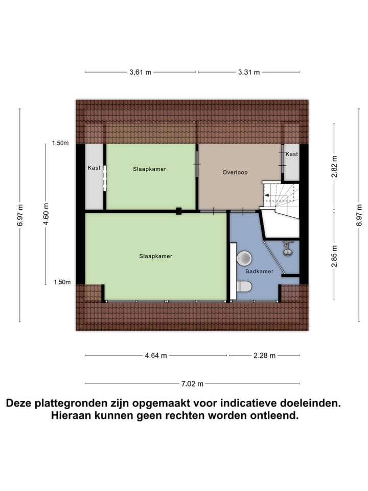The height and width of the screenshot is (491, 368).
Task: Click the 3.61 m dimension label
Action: (140, 72)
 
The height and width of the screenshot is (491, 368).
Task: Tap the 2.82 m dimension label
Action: (334, 167)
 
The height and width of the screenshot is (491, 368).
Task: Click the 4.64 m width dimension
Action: (156, 355)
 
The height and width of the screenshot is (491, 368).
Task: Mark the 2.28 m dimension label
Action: (265, 355)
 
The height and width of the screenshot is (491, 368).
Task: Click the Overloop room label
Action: (235, 172)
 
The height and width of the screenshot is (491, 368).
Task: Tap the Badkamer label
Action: (259, 272)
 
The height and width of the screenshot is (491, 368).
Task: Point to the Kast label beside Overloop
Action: (291, 154)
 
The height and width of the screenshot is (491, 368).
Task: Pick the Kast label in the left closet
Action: (94, 167)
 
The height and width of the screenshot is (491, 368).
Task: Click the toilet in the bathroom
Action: (244, 286)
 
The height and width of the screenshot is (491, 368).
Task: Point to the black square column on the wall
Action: (179, 210)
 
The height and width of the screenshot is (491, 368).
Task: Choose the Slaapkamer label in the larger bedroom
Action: (156, 256)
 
